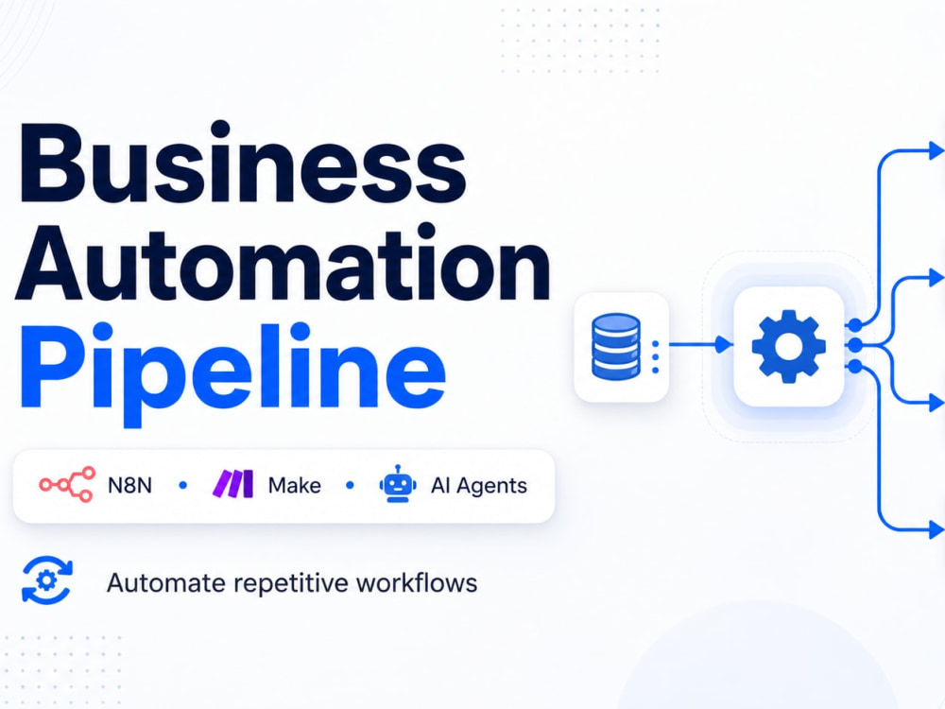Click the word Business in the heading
pos(242,164)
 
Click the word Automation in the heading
pos(283,262)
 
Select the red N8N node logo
pos(67,484)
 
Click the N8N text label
pos(129,485)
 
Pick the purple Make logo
pos(232,483)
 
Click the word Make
pos(294,485)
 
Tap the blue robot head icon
pos(397,483)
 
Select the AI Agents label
pos(478,486)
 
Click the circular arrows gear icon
pos(47,580)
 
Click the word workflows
pos(417,583)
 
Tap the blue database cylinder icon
pos(615,347)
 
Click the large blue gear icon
pos(788,346)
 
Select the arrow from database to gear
pos(701,345)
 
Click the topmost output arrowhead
pos(936,150)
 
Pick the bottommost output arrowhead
pos(936,530)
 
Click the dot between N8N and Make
pos(183,485)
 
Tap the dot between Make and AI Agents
pos(351,485)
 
